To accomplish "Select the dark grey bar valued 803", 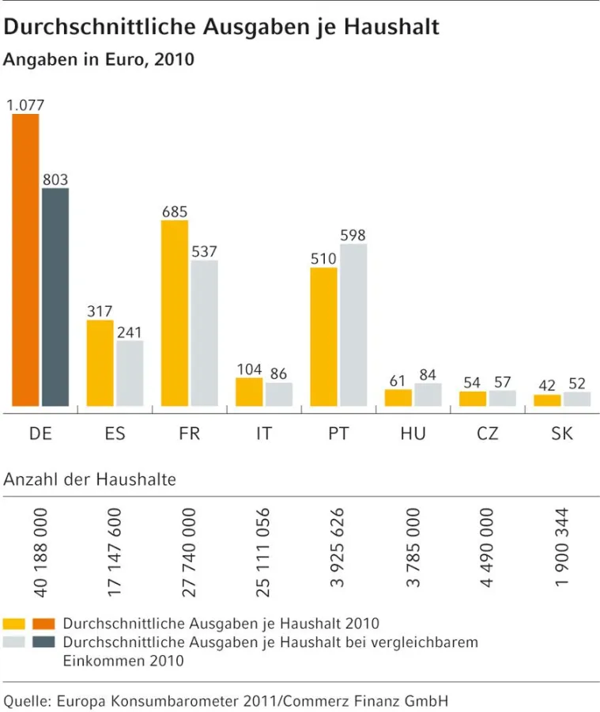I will click(55, 297).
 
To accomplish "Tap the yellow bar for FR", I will click(175, 312).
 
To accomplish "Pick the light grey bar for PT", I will click(353, 324).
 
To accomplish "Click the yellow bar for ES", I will click(100, 362).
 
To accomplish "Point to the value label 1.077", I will click(25, 104).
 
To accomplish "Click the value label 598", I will click(353, 235).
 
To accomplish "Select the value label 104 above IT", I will click(249, 369).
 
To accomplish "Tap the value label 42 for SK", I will click(547, 385).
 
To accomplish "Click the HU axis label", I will click(413, 434).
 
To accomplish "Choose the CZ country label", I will click(488, 434).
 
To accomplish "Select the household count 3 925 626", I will click(339, 551).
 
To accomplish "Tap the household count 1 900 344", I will click(563, 551).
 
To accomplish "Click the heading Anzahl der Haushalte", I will click(90, 479).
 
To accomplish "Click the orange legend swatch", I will click(43, 623).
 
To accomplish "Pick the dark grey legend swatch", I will click(43, 642).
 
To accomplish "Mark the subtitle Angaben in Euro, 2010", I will click(99, 59).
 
